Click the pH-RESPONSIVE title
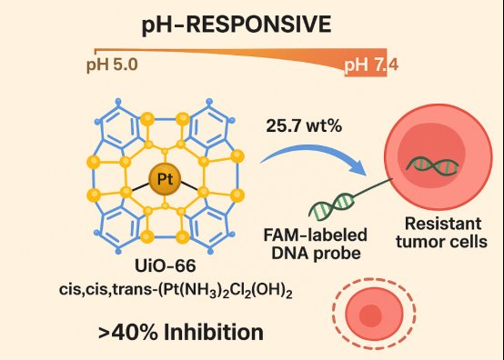point(237,25)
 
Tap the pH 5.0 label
point(112,65)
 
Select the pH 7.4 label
point(371,65)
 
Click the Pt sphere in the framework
point(165,178)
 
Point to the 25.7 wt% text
point(304,125)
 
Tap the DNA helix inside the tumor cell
point(432,165)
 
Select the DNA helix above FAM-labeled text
point(331,206)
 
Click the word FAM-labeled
point(315,235)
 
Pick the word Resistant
point(443,224)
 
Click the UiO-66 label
point(166,265)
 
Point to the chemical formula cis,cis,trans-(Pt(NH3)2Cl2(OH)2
point(176,290)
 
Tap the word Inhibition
point(214,332)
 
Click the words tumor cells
point(441,242)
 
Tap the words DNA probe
point(316,254)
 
